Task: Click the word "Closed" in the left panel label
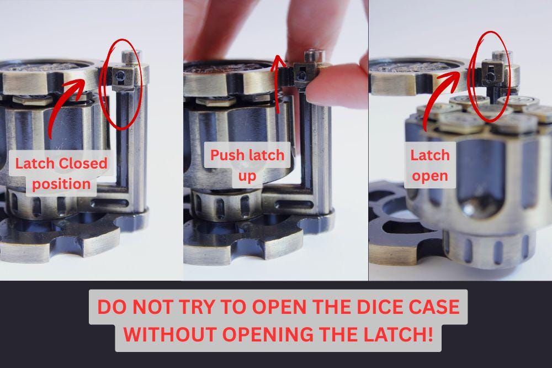83,164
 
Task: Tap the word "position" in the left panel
61,185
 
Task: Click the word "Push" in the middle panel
227,155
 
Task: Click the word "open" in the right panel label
430,176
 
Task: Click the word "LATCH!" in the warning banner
398,334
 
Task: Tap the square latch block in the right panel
492,72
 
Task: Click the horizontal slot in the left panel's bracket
109,203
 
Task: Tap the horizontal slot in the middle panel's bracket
294,204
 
